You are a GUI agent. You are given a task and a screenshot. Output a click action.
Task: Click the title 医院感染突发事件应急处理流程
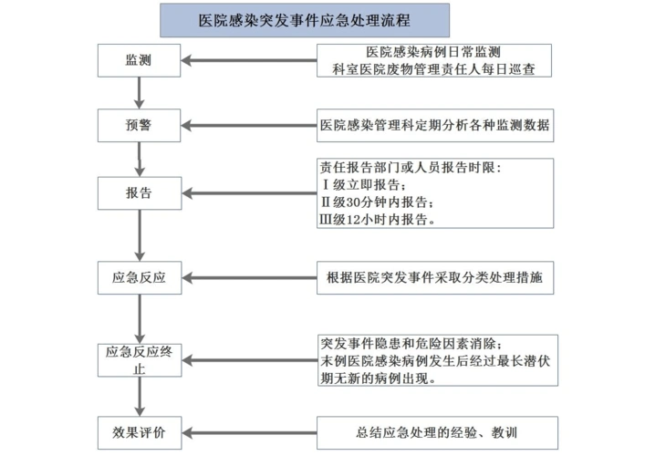(305, 19)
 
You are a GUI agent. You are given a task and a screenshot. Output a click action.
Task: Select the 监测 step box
(139, 60)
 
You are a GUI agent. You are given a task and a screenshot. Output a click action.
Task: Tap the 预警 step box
(139, 125)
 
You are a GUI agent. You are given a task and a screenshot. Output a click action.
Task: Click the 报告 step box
(139, 193)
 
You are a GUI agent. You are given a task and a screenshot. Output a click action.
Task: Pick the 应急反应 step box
(139, 277)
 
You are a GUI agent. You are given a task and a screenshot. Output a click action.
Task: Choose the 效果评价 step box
(139, 429)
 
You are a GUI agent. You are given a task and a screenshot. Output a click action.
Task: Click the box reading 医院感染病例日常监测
(433, 52)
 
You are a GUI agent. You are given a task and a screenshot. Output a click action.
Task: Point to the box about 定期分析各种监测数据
(435, 125)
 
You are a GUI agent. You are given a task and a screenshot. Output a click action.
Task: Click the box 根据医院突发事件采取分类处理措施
(435, 277)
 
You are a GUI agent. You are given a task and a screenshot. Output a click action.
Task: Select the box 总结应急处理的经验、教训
(435, 429)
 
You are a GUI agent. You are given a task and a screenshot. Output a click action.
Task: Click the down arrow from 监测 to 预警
(139, 91)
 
